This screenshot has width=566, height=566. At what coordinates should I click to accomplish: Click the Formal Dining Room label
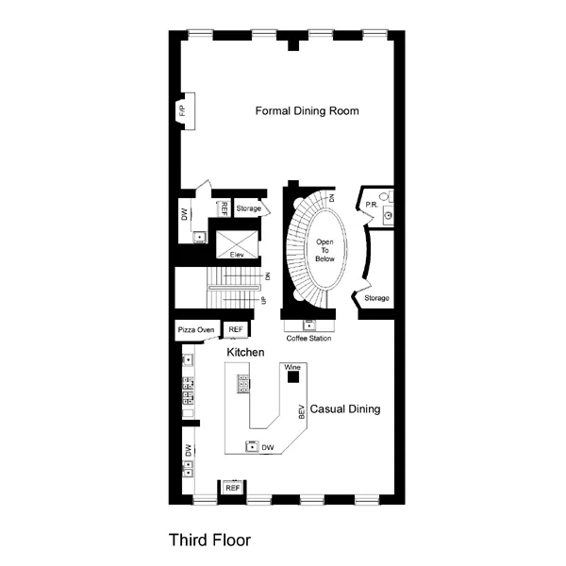point(308,111)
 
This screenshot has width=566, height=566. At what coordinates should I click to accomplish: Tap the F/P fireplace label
point(182,110)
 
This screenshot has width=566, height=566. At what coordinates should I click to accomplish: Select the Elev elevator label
point(237,255)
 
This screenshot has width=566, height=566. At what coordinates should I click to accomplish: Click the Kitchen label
point(244,352)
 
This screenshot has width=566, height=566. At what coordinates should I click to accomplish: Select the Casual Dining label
point(345,409)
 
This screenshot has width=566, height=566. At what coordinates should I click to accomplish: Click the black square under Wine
point(293,377)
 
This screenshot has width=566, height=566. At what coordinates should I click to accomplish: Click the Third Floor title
point(210,541)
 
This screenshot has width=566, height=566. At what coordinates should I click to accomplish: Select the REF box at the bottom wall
point(232,488)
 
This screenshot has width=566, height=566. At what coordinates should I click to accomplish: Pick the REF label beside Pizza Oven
point(235,330)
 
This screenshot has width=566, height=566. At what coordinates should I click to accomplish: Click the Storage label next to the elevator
point(249,208)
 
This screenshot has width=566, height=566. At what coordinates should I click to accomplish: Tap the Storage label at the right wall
point(376,298)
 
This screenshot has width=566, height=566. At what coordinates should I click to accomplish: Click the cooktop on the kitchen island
point(243,385)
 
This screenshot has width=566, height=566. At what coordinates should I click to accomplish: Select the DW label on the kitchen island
point(268,447)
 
